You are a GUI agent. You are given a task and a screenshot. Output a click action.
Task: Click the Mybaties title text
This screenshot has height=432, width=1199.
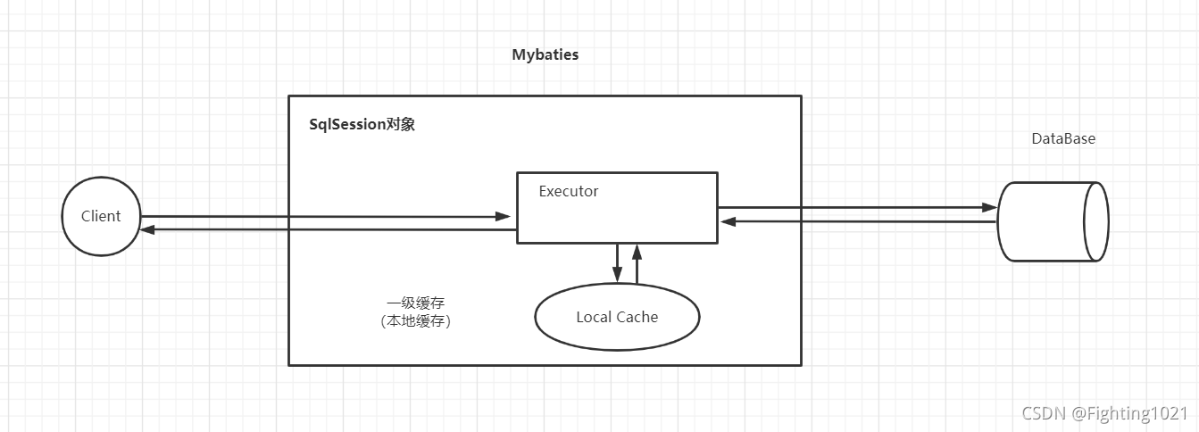pyautogui.click(x=545, y=55)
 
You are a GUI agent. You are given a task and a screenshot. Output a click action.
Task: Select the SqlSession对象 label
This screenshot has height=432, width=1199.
pyautogui.click(x=362, y=125)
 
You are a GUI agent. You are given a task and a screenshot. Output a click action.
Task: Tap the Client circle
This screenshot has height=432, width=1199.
pyautogui.click(x=101, y=217)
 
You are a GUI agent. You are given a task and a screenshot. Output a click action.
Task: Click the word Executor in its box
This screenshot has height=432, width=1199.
pyautogui.click(x=569, y=192)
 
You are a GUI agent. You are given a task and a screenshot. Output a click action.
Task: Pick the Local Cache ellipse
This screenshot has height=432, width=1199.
pyautogui.click(x=617, y=317)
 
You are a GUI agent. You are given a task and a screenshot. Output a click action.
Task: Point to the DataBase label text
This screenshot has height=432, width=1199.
pyautogui.click(x=1063, y=139)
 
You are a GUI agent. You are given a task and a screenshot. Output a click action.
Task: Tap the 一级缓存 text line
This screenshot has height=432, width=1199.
pyautogui.click(x=415, y=303)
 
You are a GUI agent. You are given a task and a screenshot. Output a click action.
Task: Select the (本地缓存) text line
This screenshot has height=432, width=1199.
pyautogui.click(x=415, y=322)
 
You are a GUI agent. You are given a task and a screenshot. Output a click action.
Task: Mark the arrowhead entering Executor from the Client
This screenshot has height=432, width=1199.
pyautogui.click(x=503, y=217)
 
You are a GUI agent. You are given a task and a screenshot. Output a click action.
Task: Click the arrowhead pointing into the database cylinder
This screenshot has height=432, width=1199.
pyautogui.click(x=989, y=208)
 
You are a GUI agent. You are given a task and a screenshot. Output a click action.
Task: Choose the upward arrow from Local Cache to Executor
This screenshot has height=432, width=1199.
pyautogui.click(x=637, y=264)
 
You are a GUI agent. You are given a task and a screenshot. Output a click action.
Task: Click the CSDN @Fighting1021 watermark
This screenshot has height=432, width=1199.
pyautogui.click(x=1105, y=413)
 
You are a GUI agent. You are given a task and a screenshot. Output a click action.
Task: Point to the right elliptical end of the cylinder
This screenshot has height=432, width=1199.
pyautogui.click(x=1095, y=221)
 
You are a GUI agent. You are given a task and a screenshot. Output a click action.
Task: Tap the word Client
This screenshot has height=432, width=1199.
pyautogui.click(x=101, y=217)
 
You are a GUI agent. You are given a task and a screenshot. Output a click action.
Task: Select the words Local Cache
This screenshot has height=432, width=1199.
pyautogui.click(x=617, y=318)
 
